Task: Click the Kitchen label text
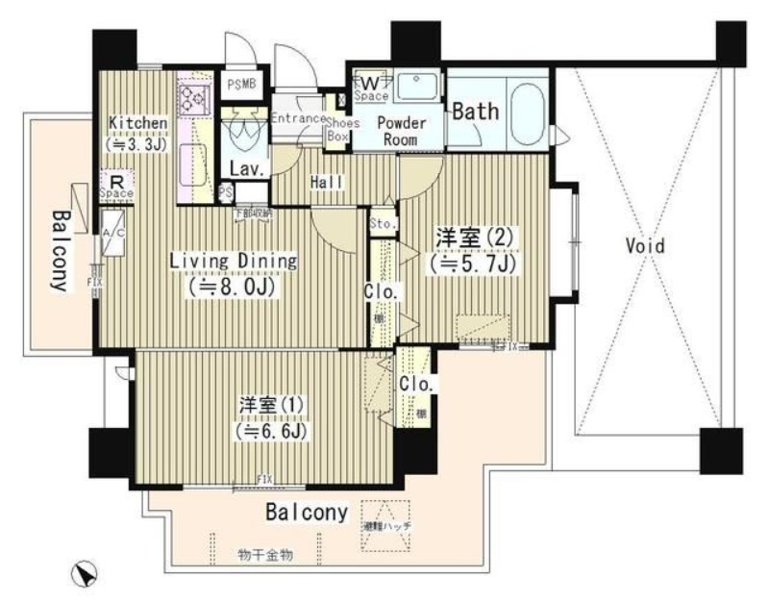point(138,123)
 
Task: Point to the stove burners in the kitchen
point(192,97)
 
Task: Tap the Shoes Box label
point(342,130)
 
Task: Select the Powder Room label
point(399,131)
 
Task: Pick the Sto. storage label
point(382,224)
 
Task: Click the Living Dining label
point(234,261)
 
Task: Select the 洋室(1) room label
point(265,405)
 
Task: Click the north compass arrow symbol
point(86,574)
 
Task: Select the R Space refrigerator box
point(116,185)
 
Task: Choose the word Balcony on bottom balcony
point(306,513)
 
